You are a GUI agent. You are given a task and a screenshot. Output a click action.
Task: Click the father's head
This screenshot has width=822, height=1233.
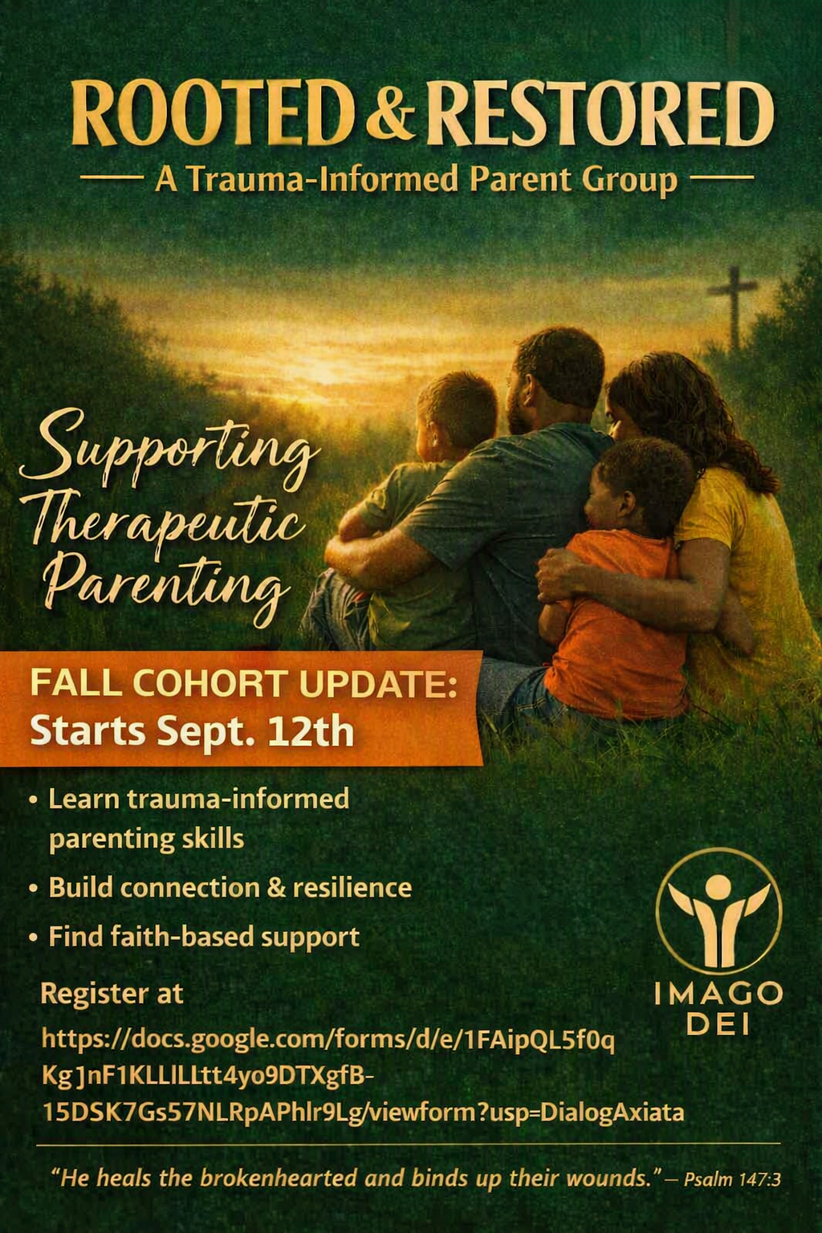pyautogui.click(x=556, y=380)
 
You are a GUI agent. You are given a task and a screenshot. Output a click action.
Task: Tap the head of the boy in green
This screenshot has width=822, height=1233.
pyautogui.click(x=456, y=410)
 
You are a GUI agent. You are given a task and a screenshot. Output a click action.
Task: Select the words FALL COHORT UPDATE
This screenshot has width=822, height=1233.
pyautogui.click(x=243, y=683)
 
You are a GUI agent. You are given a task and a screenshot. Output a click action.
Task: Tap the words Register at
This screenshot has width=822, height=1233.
pyautogui.click(x=112, y=994)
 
